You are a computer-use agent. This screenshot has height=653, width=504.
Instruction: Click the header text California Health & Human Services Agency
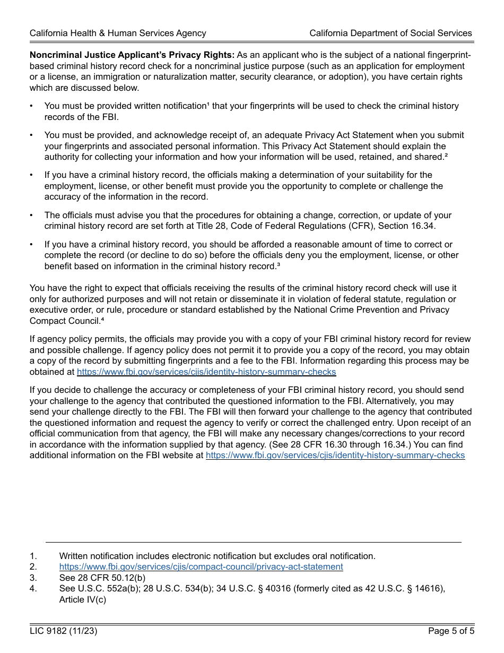point(118,33)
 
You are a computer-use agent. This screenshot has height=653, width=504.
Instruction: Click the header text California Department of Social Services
point(390,33)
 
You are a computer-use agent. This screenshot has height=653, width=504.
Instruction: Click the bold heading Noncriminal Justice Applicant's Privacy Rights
point(132,55)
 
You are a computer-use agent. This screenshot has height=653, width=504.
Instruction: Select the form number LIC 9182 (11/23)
point(64,631)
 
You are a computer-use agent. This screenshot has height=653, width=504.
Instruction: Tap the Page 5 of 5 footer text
point(451,631)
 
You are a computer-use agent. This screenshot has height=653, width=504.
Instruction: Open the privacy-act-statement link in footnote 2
point(201,567)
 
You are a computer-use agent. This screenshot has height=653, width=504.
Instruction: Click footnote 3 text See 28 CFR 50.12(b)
point(102,578)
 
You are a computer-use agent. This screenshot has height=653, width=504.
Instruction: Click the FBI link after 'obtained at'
point(206,372)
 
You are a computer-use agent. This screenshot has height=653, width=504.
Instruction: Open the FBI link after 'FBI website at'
point(335,456)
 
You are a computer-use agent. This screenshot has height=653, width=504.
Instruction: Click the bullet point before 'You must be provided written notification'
point(32,106)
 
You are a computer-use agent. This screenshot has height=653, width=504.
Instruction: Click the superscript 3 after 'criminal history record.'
point(279,264)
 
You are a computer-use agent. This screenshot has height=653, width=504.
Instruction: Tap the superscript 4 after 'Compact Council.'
point(102,319)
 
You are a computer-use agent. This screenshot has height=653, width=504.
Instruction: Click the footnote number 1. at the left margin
point(33,556)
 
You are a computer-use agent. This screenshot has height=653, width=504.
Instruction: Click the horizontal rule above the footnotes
point(253,542)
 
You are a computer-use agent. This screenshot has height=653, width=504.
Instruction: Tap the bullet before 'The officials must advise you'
point(32,216)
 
